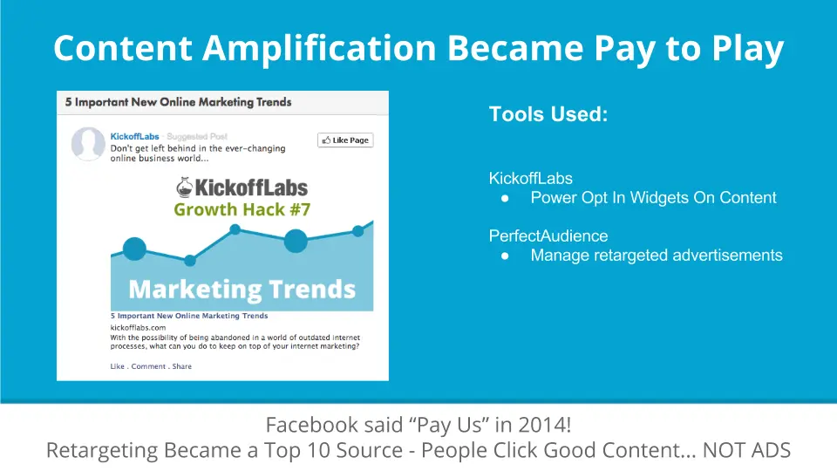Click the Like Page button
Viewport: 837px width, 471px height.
pyautogui.click(x=345, y=140)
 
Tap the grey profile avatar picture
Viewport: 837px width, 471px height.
pyautogui.click(x=88, y=144)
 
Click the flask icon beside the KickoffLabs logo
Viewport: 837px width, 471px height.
pyautogui.click(x=184, y=188)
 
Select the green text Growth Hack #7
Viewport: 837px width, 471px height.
pyautogui.click(x=242, y=209)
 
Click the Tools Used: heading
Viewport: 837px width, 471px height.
pyautogui.click(x=548, y=113)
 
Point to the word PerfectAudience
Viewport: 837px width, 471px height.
pyautogui.click(x=548, y=235)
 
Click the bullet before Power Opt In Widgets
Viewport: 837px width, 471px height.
pyautogui.click(x=505, y=199)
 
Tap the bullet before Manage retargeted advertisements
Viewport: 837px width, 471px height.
pyautogui.click(x=505, y=256)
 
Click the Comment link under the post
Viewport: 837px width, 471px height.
pyautogui.click(x=148, y=366)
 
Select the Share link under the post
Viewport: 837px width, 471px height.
pyautogui.click(x=181, y=366)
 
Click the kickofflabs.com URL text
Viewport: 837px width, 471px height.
pyautogui.click(x=138, y=327)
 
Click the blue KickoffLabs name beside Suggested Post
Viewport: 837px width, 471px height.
pyautogui.click(x=134, y=136)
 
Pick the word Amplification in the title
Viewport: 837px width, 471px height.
pyautogui.click(x=319, y=49)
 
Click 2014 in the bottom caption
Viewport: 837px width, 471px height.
pyautogui.click(x=543, y=425)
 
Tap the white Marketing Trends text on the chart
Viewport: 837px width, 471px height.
pyautogui.click(x=242, y=290)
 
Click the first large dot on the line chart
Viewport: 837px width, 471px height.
pyautogui.click(x=134, y=249)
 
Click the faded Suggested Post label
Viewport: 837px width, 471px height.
pyautogui.click(x=197, y=136)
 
